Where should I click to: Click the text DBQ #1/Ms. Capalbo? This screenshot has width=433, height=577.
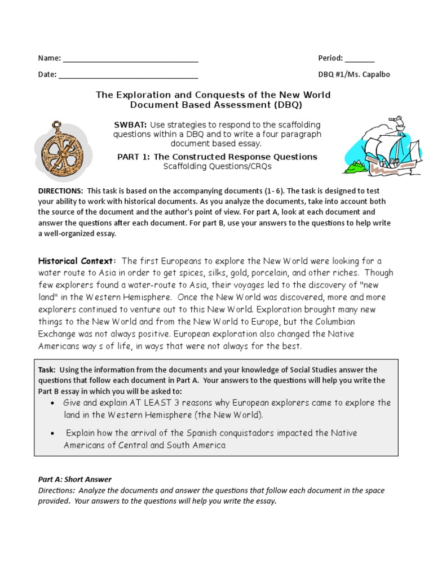(x=354, y=74)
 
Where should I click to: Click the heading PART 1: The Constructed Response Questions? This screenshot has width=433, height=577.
(x=217, y=157)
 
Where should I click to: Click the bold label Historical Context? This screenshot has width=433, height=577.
(x=77, y=261)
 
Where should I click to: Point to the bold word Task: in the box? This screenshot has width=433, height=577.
(x=46, y=370)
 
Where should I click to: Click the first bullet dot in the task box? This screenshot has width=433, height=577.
(x=52, y=404)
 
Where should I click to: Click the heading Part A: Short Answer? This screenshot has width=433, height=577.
(x=74, y=480)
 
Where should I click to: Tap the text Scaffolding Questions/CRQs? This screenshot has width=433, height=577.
(x=217, y=166)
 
